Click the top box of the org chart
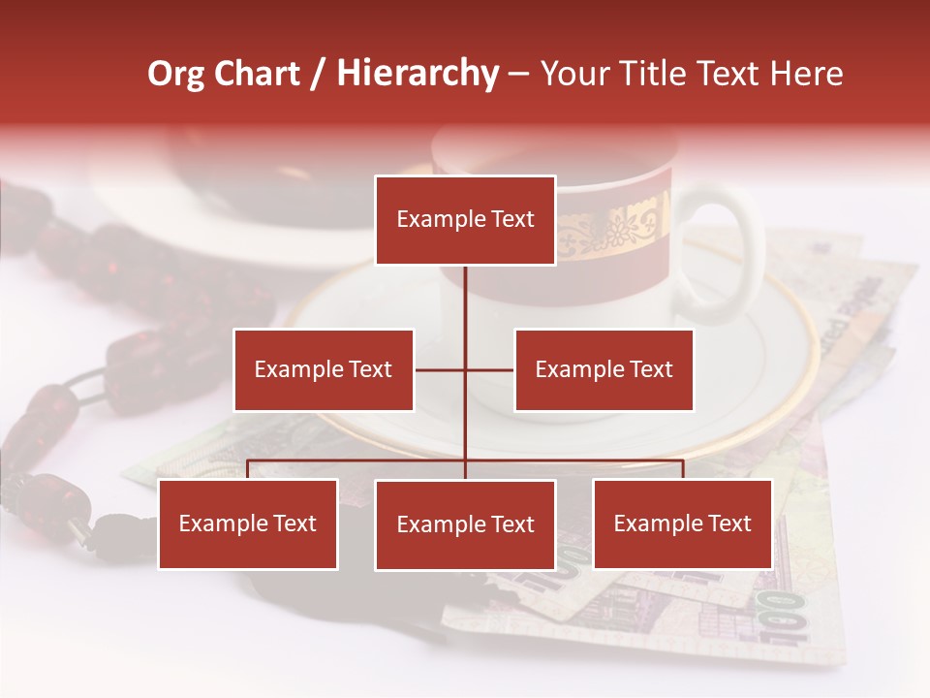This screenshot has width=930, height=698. [x=465, y=220]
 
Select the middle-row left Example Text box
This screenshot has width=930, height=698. [x=324, y=369]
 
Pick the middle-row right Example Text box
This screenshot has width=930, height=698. [x=604, y=369]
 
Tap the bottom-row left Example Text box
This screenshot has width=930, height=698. [x=248, y=524]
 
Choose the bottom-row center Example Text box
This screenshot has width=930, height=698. [x=465, y=525]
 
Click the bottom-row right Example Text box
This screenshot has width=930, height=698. [x=682, y=524]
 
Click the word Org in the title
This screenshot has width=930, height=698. [x=175, y=75]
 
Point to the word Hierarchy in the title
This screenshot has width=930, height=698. [x=418, y=75]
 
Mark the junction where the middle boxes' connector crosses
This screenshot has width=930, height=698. [x=465, y=369]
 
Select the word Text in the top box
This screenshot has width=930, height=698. [x=511, y=220]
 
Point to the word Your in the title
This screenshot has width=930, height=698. [x=573, y=74]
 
